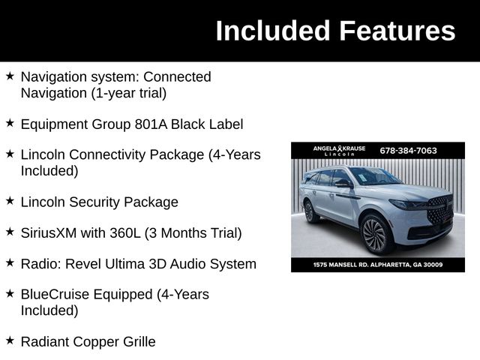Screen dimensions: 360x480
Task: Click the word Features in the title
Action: (397, 31)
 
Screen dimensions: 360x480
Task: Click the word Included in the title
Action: (273, 31)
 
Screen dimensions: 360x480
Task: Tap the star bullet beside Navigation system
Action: (10, 76)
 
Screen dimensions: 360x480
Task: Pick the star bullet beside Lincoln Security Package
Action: (10, 201)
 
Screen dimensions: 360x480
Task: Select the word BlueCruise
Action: (59, 295)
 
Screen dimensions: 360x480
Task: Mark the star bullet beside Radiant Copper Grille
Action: (10, 340)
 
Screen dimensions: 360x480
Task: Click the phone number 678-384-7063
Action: (408, 150)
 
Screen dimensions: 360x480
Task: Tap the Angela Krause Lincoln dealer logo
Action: (339, 151)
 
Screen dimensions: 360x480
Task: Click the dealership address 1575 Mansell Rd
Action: (378, 265)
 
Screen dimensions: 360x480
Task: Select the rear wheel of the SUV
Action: (309, 212)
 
